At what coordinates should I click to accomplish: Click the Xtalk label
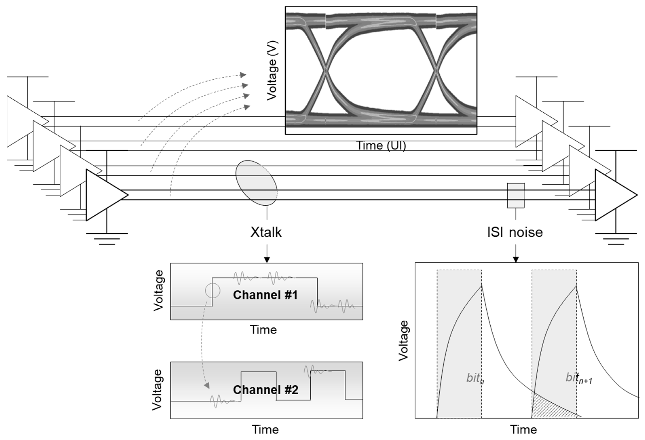tap(266, 232)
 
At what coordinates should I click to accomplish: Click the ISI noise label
tap(515, 232)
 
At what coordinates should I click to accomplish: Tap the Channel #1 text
tap(265, 295)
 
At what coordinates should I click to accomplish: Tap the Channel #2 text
tap(266, 390)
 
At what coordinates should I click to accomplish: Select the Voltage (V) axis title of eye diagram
tap(272, 71)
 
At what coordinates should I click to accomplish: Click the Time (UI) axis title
tap(381, 145)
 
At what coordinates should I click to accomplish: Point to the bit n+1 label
tap(579, 378)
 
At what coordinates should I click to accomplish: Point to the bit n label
tap(475, 378)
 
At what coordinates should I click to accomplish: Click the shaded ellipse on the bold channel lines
tap(256, 183)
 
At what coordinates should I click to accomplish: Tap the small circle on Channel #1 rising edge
tap(213, 291)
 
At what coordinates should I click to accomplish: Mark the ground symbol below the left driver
tap(107, 238)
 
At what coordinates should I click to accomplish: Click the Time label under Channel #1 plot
tap(263, 330)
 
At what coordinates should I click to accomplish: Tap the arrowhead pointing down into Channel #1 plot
tap(267, 260)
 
